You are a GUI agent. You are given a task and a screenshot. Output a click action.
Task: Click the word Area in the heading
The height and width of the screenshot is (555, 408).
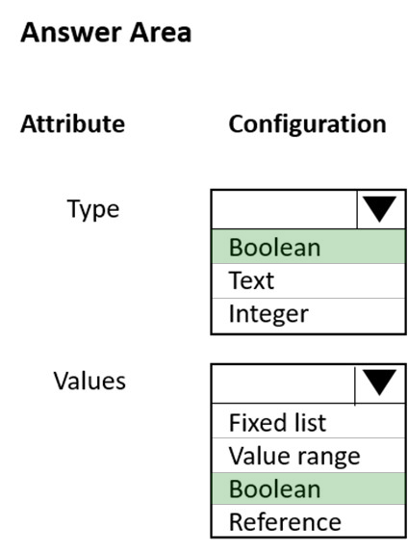click(x=161, y=33)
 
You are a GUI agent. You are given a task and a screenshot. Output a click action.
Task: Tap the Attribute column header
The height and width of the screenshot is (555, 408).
click(x=73, y=124)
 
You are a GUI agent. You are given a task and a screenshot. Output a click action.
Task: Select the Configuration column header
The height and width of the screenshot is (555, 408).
click(x=308, y=124)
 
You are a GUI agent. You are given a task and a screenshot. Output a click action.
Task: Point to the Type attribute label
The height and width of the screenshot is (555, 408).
click(x=93, y=209)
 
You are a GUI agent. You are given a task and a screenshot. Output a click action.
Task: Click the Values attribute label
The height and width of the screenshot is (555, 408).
click(x=89, y=381)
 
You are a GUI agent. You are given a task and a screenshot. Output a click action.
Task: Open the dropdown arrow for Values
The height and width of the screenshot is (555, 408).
click(x=380, y=383)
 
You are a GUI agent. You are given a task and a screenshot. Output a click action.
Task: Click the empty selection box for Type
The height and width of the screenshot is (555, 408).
click(x=285, y=209)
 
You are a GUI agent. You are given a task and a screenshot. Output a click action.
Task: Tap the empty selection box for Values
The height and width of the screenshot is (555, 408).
click(x=284, y=383)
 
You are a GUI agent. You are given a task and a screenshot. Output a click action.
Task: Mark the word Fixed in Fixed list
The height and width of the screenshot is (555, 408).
click(x=258, y=422)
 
